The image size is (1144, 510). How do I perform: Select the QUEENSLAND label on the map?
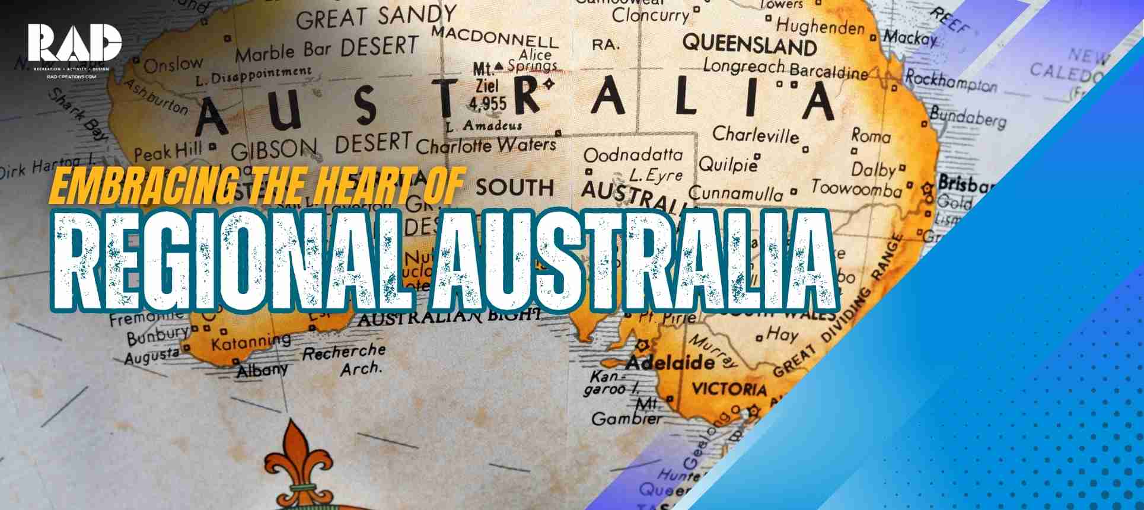750,43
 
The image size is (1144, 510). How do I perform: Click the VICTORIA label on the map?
729,389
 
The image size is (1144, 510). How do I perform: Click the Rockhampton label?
951,81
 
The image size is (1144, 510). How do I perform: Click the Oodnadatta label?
633,155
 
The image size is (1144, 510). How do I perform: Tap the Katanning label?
251,342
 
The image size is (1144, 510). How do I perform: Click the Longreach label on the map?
744,65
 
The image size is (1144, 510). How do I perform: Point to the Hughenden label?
820,26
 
